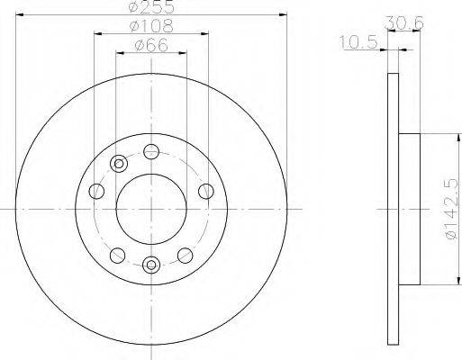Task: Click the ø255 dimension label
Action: (151, 6)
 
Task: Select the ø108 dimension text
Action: (151, 26)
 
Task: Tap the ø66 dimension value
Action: (151, 46)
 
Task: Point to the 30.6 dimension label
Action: (404, 22)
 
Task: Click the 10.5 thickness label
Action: (358, 42)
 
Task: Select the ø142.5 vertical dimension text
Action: (451, 209)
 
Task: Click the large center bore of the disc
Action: (151, 209)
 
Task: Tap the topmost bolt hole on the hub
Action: (151, 152)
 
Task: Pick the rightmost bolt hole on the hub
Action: (206, 191)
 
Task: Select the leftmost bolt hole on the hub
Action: (96, 191)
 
